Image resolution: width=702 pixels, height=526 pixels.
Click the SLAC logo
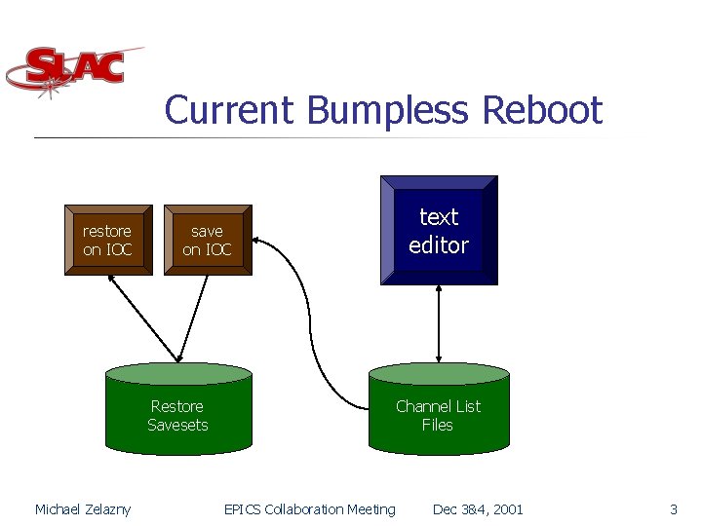[x=73, y=70]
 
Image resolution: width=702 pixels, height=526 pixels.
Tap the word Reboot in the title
[x=542, y=110]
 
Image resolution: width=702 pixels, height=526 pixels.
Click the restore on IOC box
[x=107, y=241]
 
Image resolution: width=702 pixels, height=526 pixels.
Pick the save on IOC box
[x=207, y=241]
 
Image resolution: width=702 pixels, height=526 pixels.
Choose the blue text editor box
[x=439, y=231]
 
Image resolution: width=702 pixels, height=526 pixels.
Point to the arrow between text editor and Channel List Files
[x=439, y=323]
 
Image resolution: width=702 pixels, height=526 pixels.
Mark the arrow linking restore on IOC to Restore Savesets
[x=144, y=317]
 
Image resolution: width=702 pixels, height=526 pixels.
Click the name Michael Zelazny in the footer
[x=83, y=509]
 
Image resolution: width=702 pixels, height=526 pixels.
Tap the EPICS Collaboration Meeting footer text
[x=310, y=509]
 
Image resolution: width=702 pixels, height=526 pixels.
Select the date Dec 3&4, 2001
[x=478, y=509]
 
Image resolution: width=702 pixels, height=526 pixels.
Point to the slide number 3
[x=673, y=509]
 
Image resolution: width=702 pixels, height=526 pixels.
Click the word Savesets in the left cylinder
[x=177, y=425]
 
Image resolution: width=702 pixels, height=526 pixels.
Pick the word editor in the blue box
[x=439, y=245]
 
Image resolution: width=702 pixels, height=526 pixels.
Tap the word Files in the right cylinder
[x=438, y=425]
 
